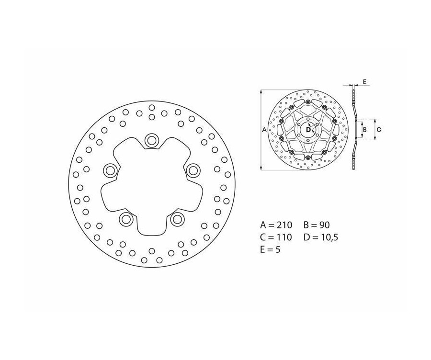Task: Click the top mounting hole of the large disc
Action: click(x=152, y=140)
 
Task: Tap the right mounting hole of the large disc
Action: click(x=193, y=169)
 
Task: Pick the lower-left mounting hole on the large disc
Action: click(x=126, y=219)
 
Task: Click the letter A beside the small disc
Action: click(x=264, y=129)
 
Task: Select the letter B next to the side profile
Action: click(x=364, y=129)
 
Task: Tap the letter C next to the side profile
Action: click(x=378, y=129)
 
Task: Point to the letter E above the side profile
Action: click(x=364, y=82)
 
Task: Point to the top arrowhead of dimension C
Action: click(x=374, y=120)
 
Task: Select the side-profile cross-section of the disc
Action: click(x=354, y=129)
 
